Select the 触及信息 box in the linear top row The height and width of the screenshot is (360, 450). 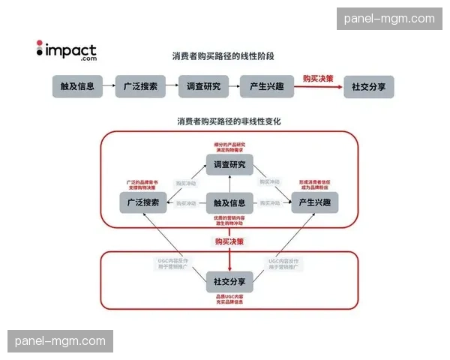[78, 86]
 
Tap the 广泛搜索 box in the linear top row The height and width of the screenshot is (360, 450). [140, 86]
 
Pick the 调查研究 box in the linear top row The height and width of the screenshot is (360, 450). [204, 86]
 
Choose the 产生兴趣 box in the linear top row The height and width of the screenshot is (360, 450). [265, 86]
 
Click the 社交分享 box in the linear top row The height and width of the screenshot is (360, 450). [368, 86]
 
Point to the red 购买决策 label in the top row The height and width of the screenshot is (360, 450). [318, 78]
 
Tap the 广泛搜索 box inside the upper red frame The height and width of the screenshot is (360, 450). [143, 202]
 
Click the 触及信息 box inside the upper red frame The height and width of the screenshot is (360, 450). [229, 202]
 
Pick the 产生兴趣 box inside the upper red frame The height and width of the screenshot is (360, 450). [315, 202]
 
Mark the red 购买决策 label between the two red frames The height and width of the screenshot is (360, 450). [229, 241]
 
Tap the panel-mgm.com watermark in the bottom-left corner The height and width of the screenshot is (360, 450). [60, 341]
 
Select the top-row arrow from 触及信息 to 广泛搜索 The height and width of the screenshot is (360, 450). [109, 86]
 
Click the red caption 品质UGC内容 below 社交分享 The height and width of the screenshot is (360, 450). [229, 298]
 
